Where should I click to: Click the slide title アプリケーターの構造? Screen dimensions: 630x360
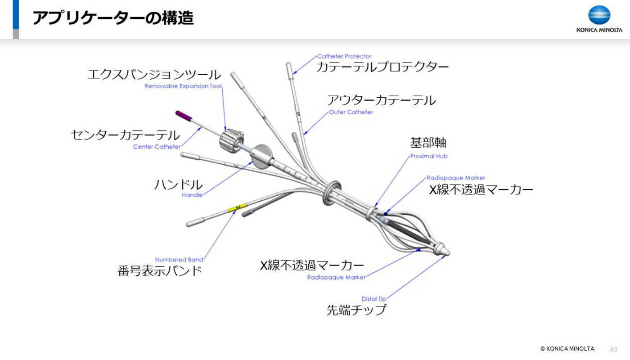click(x=113, y=18)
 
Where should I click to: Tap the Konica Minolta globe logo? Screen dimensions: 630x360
click(x=599, y=14)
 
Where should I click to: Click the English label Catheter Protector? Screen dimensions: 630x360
click(x=344, y=56)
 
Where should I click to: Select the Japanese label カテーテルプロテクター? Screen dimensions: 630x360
click(x=382, y=67)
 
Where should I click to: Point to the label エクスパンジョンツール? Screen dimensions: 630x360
click(x=154, y=75)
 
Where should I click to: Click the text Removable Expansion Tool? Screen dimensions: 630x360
click(x=183, y=86)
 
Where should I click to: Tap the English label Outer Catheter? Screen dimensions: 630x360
click(x=351, y=112)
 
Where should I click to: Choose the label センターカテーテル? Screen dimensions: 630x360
click(x=126, y=135)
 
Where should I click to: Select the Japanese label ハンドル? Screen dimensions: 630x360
click(x=178, y=185)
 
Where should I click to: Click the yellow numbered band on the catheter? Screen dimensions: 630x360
click(x=237, y=207)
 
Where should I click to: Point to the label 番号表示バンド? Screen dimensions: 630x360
click(x=159, y=271)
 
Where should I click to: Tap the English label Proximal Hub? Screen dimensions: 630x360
click(x=428, y=156)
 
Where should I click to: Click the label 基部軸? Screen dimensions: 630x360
click(x=428, y=143)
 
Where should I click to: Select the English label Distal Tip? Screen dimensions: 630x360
click(x=374, y=299)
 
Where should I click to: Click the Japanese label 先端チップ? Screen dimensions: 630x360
click(x=356, y=310)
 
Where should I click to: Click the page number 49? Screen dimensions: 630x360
click(x=613, y=349)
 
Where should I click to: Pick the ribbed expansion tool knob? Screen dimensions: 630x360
click(x=231, y=140)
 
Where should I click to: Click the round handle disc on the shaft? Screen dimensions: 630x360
click(x=261, y=157)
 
